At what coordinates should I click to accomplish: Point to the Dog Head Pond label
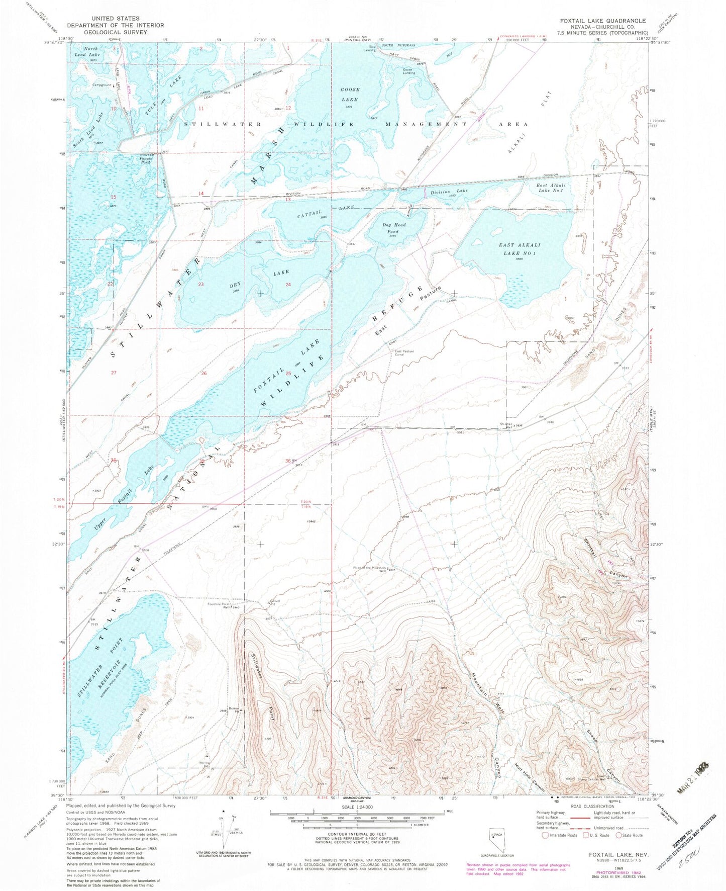click(x=396, y=228)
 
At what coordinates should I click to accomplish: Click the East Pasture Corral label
click(x=404, y=352)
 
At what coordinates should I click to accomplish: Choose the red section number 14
click(x=200, y=194)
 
